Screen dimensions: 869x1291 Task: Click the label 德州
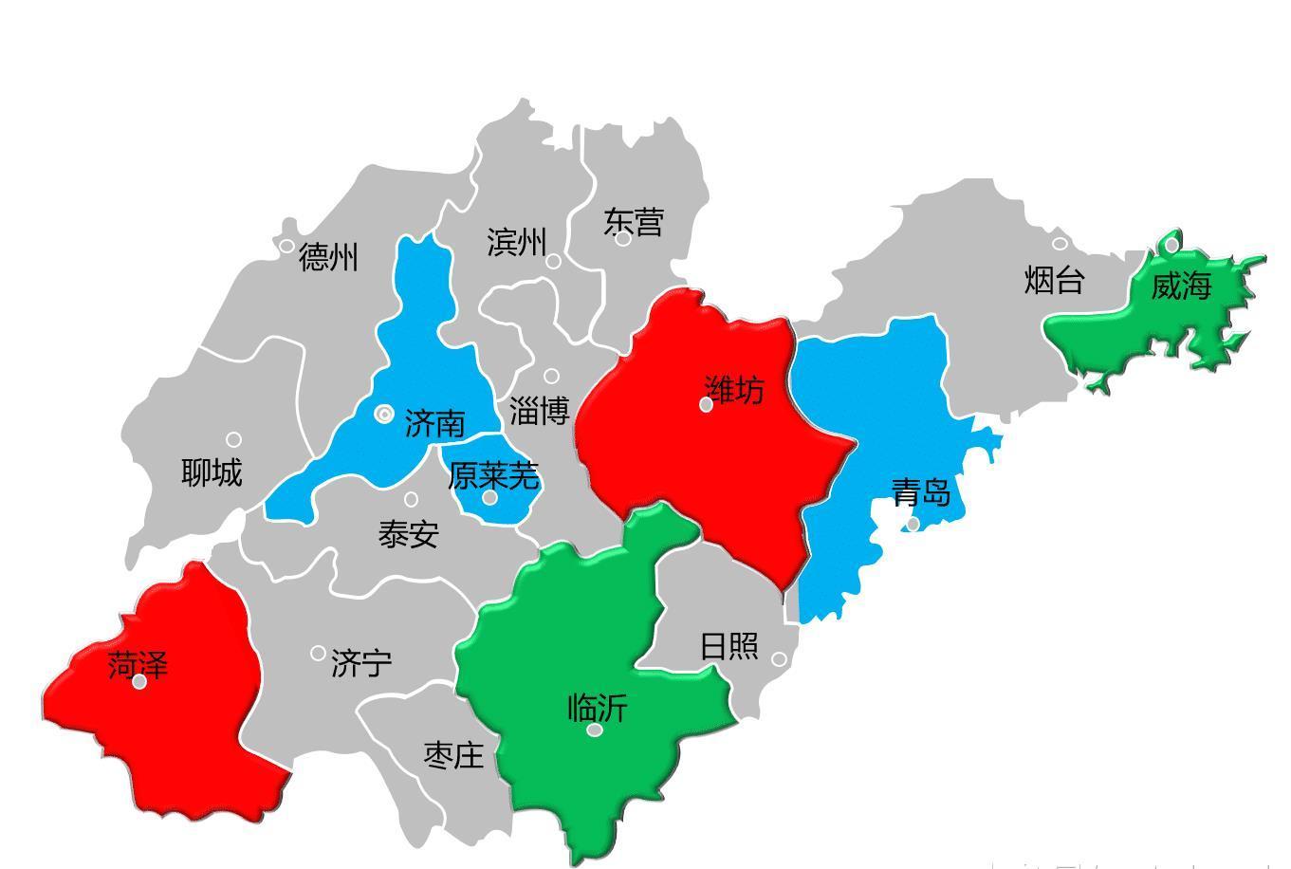coord(328,257)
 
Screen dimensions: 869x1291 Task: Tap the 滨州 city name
coord(517,242)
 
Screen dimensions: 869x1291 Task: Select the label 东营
coord(634,222)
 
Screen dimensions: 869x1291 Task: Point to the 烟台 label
coord(1054,281)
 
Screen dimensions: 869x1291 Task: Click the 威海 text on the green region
coord(1181,286)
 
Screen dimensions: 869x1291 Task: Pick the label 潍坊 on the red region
coord(734,389)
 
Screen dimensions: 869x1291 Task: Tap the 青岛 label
coord(921,492)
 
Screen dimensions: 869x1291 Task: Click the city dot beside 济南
coord(384,414)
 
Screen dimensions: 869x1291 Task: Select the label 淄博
coord(539,412)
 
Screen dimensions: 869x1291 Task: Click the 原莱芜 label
coord(493,475)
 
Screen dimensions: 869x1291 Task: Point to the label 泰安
coord(408,534)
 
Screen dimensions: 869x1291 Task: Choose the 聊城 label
coord(212,471)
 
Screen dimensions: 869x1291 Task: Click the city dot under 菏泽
coord(139,682)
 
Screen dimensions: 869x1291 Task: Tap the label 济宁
coord(361,663)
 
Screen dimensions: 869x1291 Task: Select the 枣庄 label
coord(453,755)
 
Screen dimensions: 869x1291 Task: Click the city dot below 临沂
coord(595,730)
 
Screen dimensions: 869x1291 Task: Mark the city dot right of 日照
coord(779,659)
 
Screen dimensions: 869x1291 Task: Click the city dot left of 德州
coord(287,246)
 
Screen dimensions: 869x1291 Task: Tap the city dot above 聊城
coord(233,439)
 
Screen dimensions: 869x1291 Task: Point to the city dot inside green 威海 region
coord(1171,245)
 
